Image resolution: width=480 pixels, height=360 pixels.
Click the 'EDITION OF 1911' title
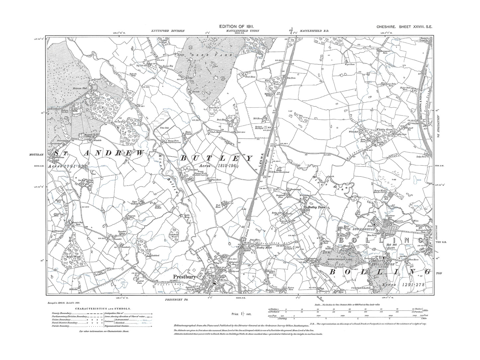tap(240, 27)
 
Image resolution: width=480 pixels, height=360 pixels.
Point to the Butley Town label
tap(316, 207)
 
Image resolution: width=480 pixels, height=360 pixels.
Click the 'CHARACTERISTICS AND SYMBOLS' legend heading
tap(103, 309)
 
